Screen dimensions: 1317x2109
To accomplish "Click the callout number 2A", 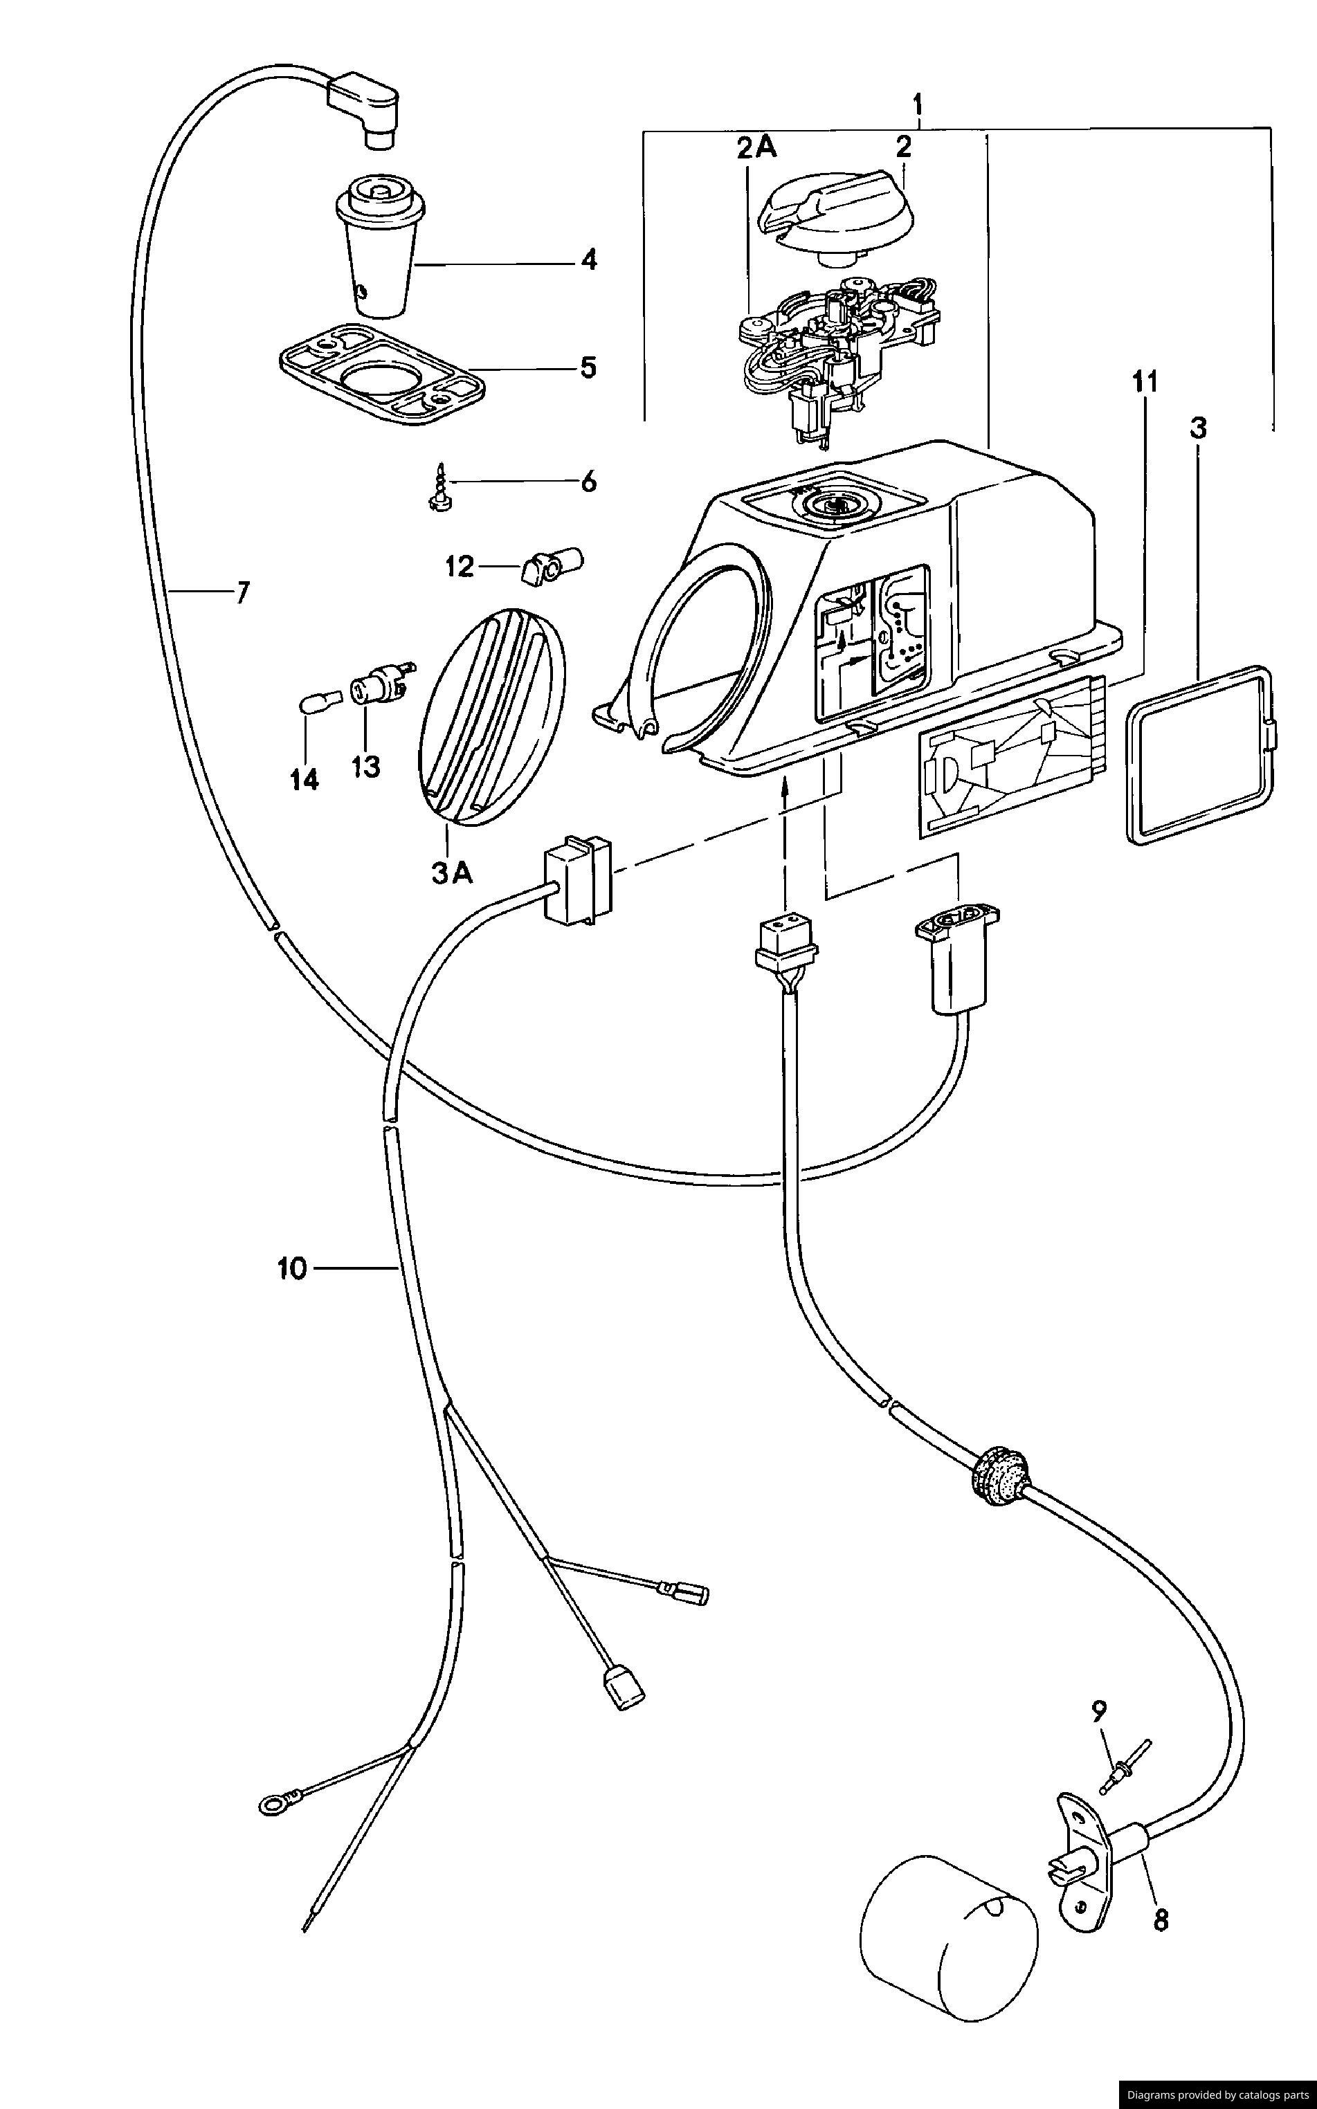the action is tap(755, 148).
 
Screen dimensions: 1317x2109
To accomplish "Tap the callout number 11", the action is tap(1145, 381).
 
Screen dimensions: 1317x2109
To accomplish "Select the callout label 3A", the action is tap(452, 873).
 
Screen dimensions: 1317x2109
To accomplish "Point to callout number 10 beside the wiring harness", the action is tap(293, 1270).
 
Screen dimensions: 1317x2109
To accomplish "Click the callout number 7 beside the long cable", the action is tap(242, 593).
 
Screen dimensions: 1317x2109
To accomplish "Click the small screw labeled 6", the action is tap(438, 485).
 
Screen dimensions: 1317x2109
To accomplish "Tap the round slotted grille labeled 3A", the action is tap(492, 715).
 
